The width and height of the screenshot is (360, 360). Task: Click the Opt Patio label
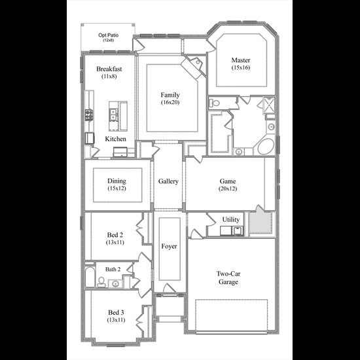tap(109, 35)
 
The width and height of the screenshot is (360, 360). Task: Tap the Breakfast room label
tap(109, 69)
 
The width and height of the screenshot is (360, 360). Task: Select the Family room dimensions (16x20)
tap(170, 102)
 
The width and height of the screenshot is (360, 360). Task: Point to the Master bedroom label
tap(241, 60)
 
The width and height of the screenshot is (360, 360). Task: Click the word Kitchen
tap(115, 139)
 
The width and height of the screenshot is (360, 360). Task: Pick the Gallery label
tap(168, 181)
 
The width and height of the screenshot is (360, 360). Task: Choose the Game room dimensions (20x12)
tap(228, 189)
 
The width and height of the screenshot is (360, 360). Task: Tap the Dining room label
tap(117, 181)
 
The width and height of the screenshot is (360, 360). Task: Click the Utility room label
tap(231, 219)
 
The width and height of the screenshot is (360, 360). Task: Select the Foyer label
tap(169, 246)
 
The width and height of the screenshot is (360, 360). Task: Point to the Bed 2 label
tap(115, 235)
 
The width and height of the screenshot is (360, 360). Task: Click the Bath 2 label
tap(113, 269)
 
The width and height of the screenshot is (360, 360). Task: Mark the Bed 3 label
tap(116, 312)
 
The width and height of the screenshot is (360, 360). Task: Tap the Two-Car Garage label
tap(228, 278)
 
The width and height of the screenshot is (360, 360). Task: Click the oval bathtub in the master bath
tap(266, 147)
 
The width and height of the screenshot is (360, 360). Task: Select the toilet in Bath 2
tap(101, 282)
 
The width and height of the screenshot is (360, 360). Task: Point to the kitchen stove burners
tap(89, 115)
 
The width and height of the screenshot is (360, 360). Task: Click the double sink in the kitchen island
tap(113, 115)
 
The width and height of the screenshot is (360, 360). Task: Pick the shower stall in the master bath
tap(269, 105)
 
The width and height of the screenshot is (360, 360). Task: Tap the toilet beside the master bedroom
tap(214, 103)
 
